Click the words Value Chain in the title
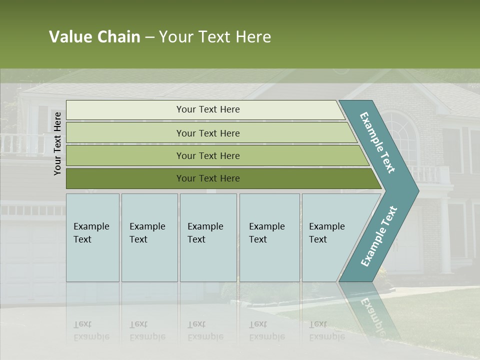[94, 37]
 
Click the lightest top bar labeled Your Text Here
[207, 109]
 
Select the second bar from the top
[207, 133]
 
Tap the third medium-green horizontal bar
[207, 155]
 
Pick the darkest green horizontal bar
[207, 178]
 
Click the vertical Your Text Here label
[57, 143]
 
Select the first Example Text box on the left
[92, 237]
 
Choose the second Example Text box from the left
[149, 237]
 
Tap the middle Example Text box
[208, 237]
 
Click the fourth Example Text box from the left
[269, 237]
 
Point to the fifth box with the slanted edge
[330, 237]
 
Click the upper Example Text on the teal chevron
[377, 142]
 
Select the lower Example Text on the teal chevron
[379, 236]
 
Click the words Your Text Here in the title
[215, 37]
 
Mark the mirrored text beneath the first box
[91, 330]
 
